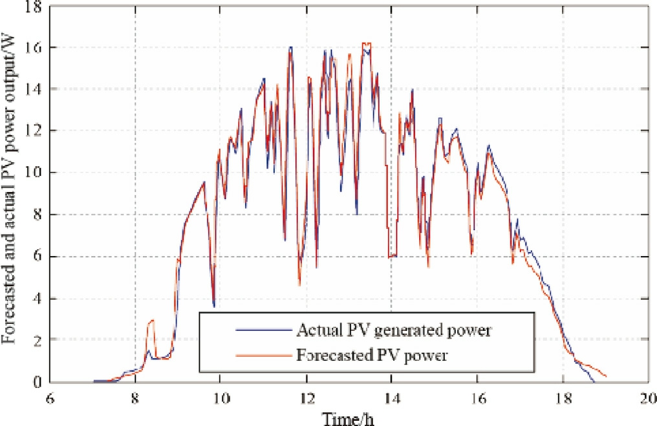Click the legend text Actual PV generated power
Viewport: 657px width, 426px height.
tap(395, 331)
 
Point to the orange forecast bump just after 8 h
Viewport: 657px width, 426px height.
tap(151, 321)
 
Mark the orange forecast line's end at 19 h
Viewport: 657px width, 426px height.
tap(607, 376)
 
